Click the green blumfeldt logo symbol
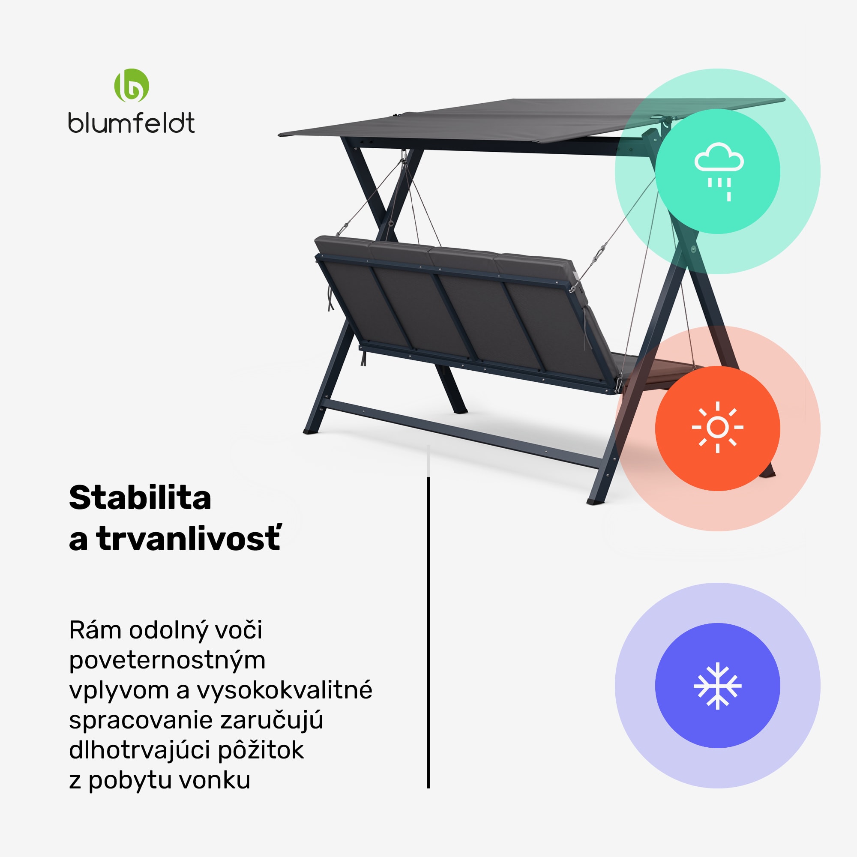click(x=131, y=85)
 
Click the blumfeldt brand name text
click(x=131, y=123)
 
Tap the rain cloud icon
click(x=718, y=171)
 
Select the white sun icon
click(x=717, y=427)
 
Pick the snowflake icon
click(x=717, y=685)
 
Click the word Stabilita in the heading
click(x=140, y=497)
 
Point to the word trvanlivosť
click(x=189, y=539)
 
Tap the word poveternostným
click(x=167, y=661)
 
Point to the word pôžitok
click(x=261, y=751)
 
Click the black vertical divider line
click(x=428, y=621)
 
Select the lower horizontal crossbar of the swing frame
click(x=461, y=433)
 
